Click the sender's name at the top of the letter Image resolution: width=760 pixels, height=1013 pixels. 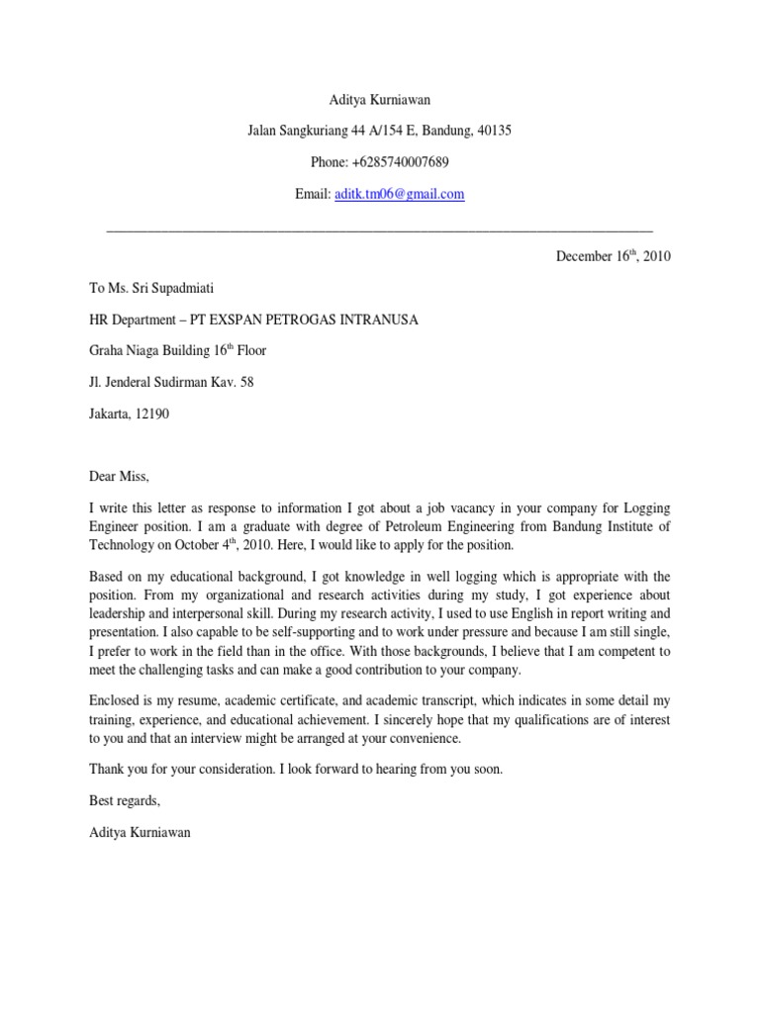point(379,99)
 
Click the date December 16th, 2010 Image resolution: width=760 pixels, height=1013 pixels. point(614,256)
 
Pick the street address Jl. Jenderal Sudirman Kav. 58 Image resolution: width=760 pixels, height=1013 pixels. point(170,383)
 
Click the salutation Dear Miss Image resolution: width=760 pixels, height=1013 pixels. point(118,477)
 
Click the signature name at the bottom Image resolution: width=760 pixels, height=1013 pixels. point(140,833)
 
